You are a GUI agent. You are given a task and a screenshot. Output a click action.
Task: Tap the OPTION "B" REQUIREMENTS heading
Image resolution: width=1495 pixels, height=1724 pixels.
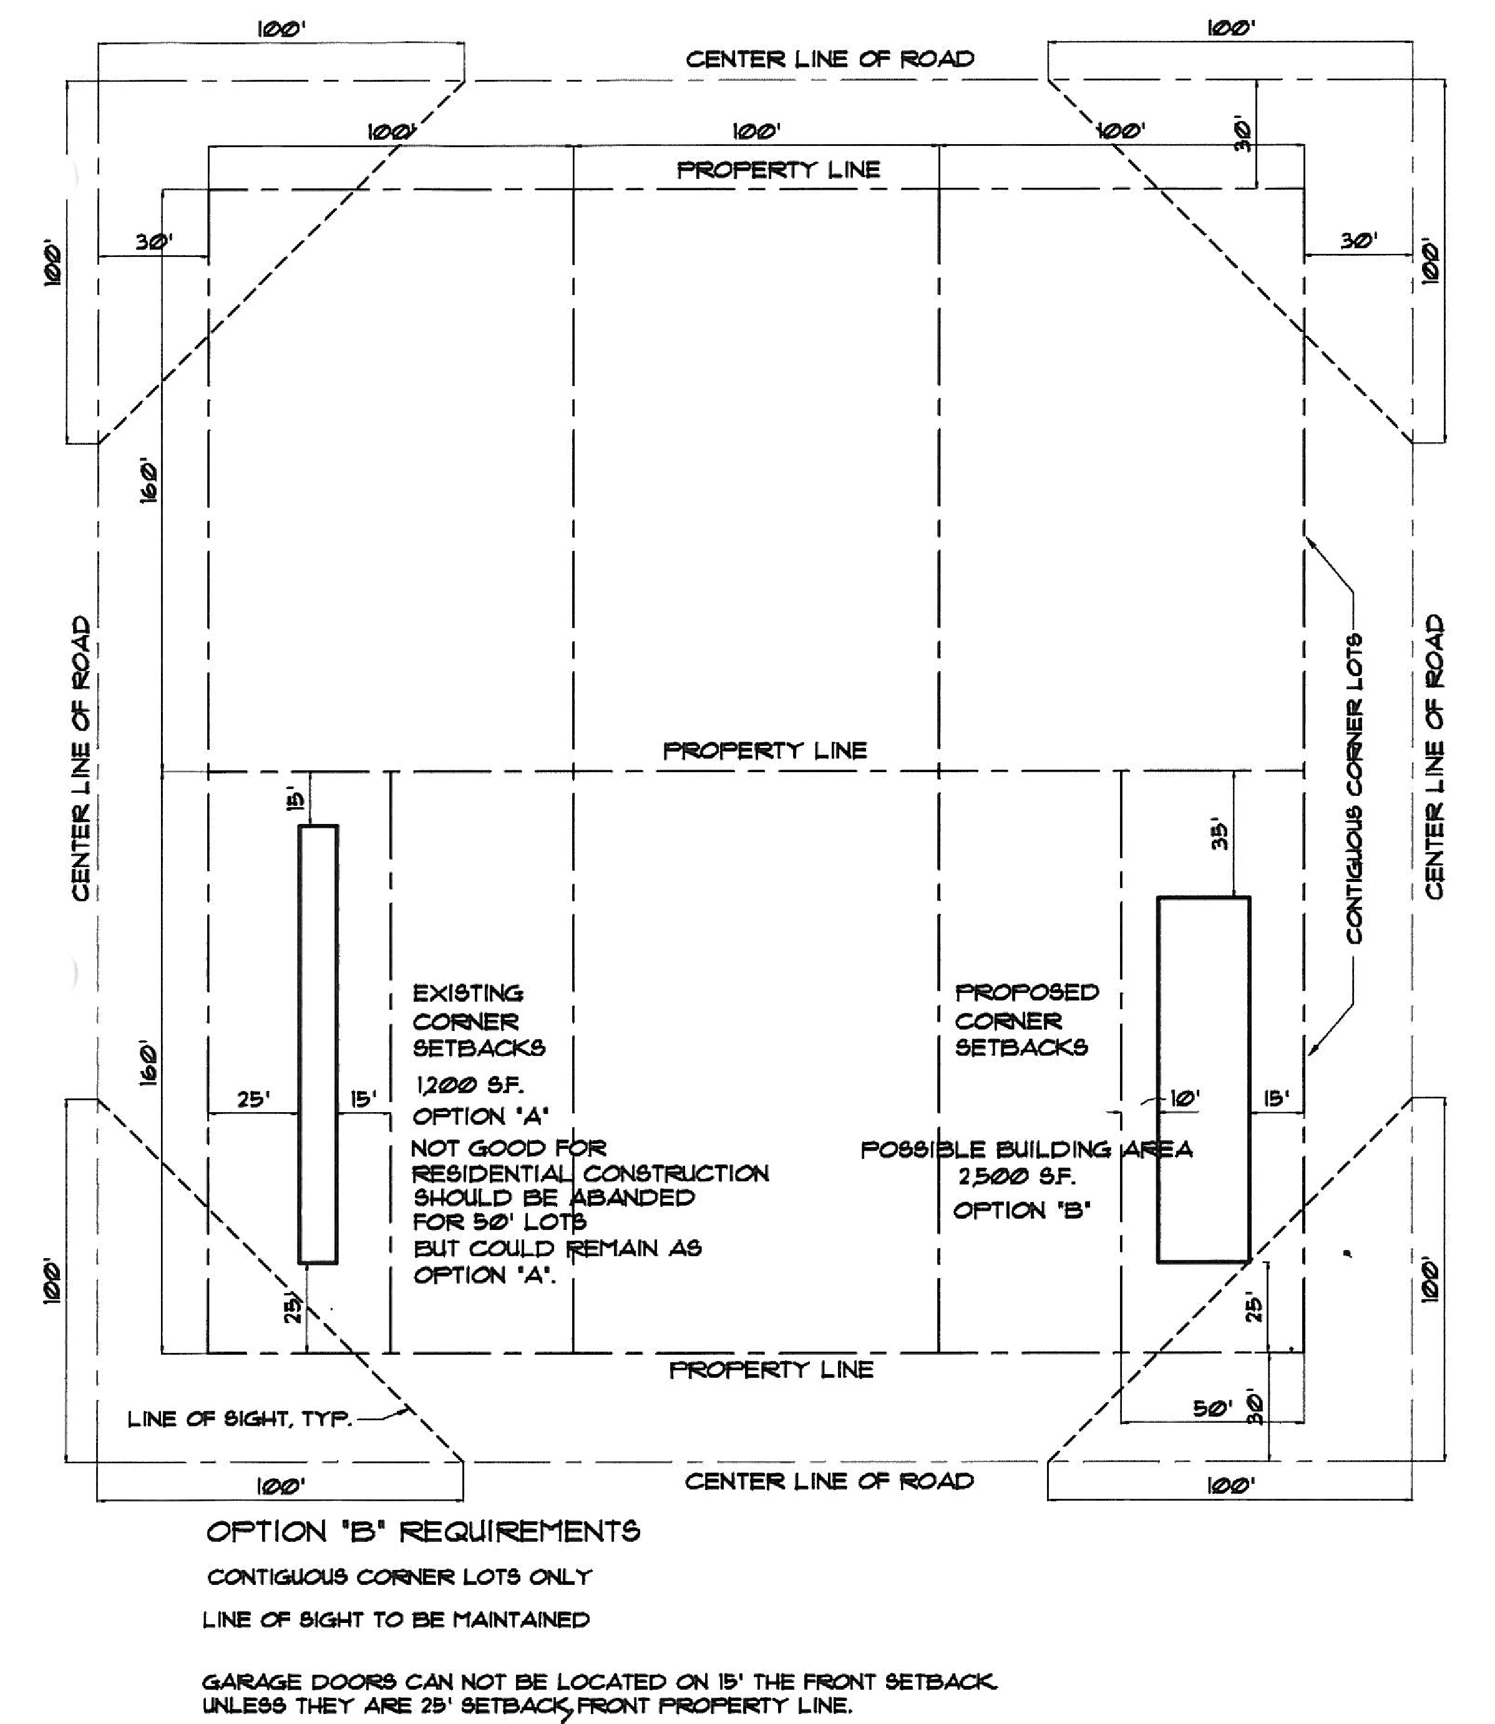coord(423,1531)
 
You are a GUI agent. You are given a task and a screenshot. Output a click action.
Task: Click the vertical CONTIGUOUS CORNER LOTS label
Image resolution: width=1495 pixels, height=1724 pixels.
coord(1354,789)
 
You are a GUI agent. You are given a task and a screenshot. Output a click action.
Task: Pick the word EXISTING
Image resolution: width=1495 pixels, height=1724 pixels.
coord(468,994)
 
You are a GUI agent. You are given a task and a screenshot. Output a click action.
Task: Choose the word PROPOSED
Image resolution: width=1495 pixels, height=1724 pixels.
coord(1027,992)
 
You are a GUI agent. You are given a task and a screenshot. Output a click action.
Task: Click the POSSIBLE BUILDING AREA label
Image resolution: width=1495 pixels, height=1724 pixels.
coord(1026,1150)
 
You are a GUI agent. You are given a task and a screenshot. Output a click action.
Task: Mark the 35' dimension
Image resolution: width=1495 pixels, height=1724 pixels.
coord(1220,836)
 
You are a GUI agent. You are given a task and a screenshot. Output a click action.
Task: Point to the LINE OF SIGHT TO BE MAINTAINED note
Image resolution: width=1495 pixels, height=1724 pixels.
coord(396,1620)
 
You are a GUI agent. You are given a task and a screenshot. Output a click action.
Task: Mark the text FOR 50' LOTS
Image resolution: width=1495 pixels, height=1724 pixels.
coord(500,1223)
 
